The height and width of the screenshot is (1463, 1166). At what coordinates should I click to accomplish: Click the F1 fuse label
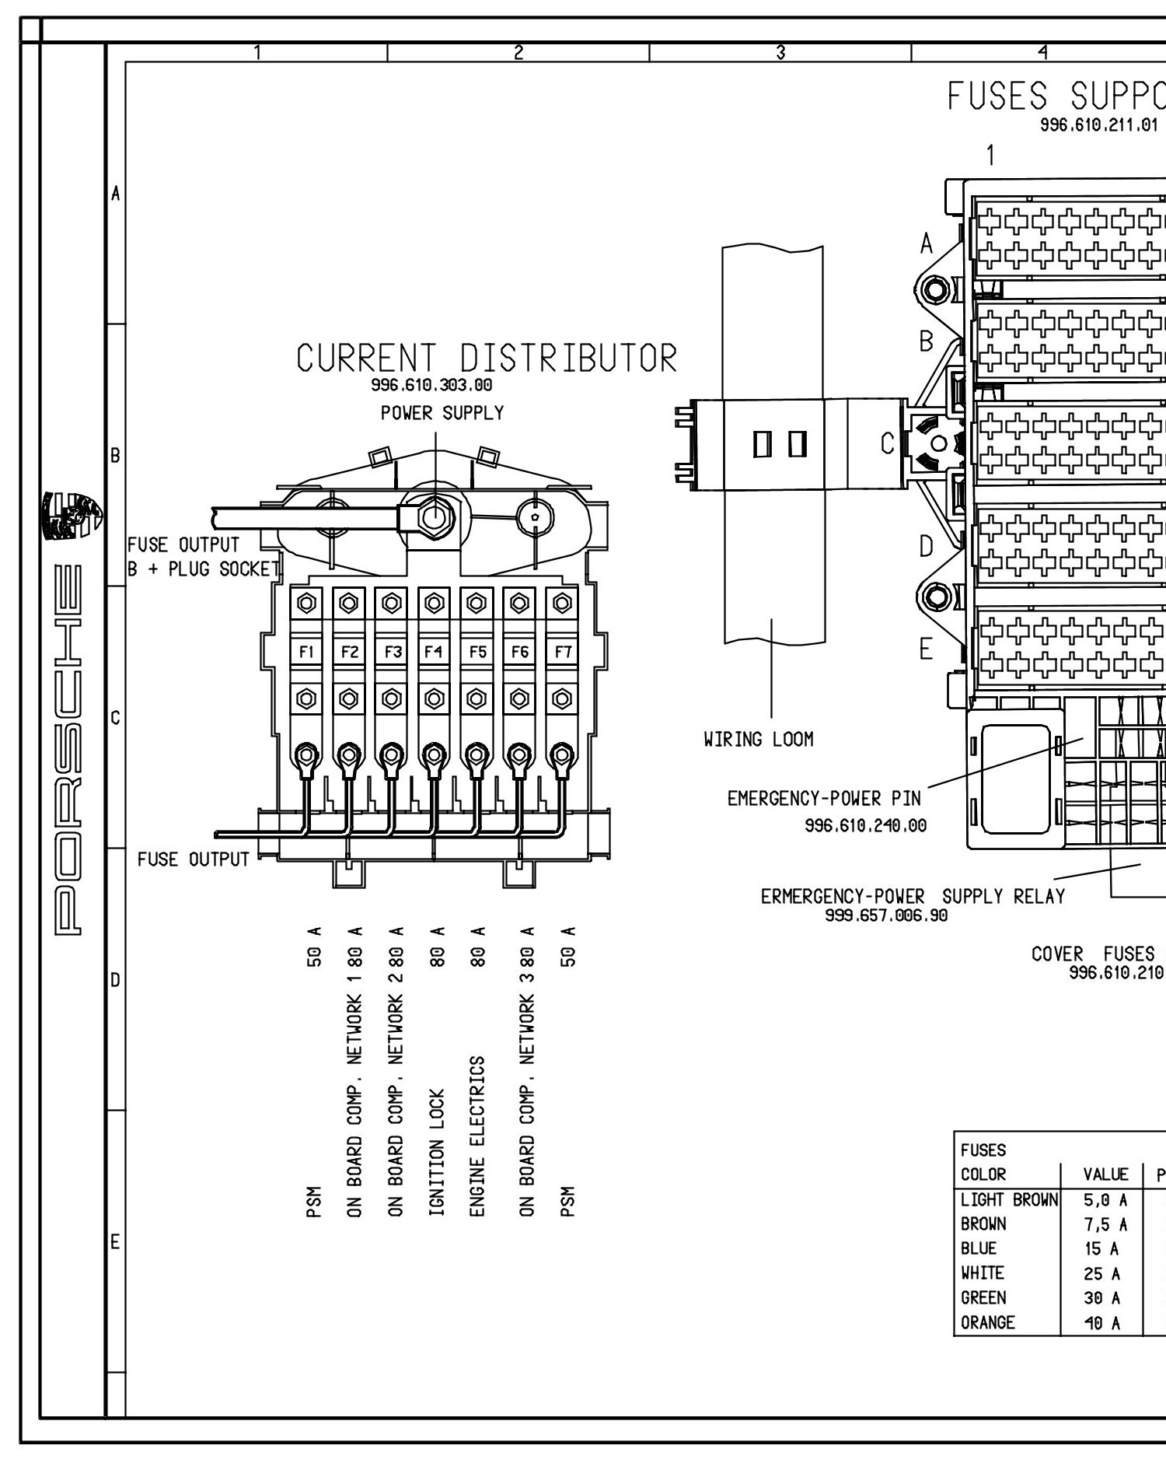(x=306, y=652)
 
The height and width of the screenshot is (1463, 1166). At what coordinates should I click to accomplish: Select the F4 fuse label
(x=434, y=652)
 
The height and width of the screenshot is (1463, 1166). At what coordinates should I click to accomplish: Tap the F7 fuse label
(x=562, y=652)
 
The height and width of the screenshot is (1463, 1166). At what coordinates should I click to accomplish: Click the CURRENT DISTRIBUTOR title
(x=487, y=359)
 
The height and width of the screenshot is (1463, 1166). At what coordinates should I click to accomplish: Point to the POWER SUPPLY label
(x=442, y=413)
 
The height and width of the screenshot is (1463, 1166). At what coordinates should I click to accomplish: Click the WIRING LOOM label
(x=758, y=740)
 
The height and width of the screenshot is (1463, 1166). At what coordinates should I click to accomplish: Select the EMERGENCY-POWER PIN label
(x=824, y=799)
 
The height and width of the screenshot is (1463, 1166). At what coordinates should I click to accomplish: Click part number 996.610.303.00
(x=431, y=385)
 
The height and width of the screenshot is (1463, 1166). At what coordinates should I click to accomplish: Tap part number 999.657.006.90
(x=886, y=915)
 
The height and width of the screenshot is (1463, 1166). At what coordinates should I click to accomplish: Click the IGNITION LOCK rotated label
(x=435, y=1152)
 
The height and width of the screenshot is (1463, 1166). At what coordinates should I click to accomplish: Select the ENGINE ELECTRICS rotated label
(x=478, y=1136)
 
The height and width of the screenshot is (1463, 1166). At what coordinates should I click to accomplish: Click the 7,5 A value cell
(x=1105, y=1225)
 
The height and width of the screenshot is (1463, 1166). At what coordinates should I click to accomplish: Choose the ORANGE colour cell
(x=988, y=1322)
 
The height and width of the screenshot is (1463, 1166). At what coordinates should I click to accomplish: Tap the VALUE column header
(x=1105, y=1174)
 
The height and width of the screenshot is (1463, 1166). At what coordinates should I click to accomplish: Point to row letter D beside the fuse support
(x=926, y=547)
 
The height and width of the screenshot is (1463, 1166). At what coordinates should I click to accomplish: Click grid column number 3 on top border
(x=780, y=52)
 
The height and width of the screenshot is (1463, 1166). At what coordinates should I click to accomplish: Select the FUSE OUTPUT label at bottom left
(x=194, y=859)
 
